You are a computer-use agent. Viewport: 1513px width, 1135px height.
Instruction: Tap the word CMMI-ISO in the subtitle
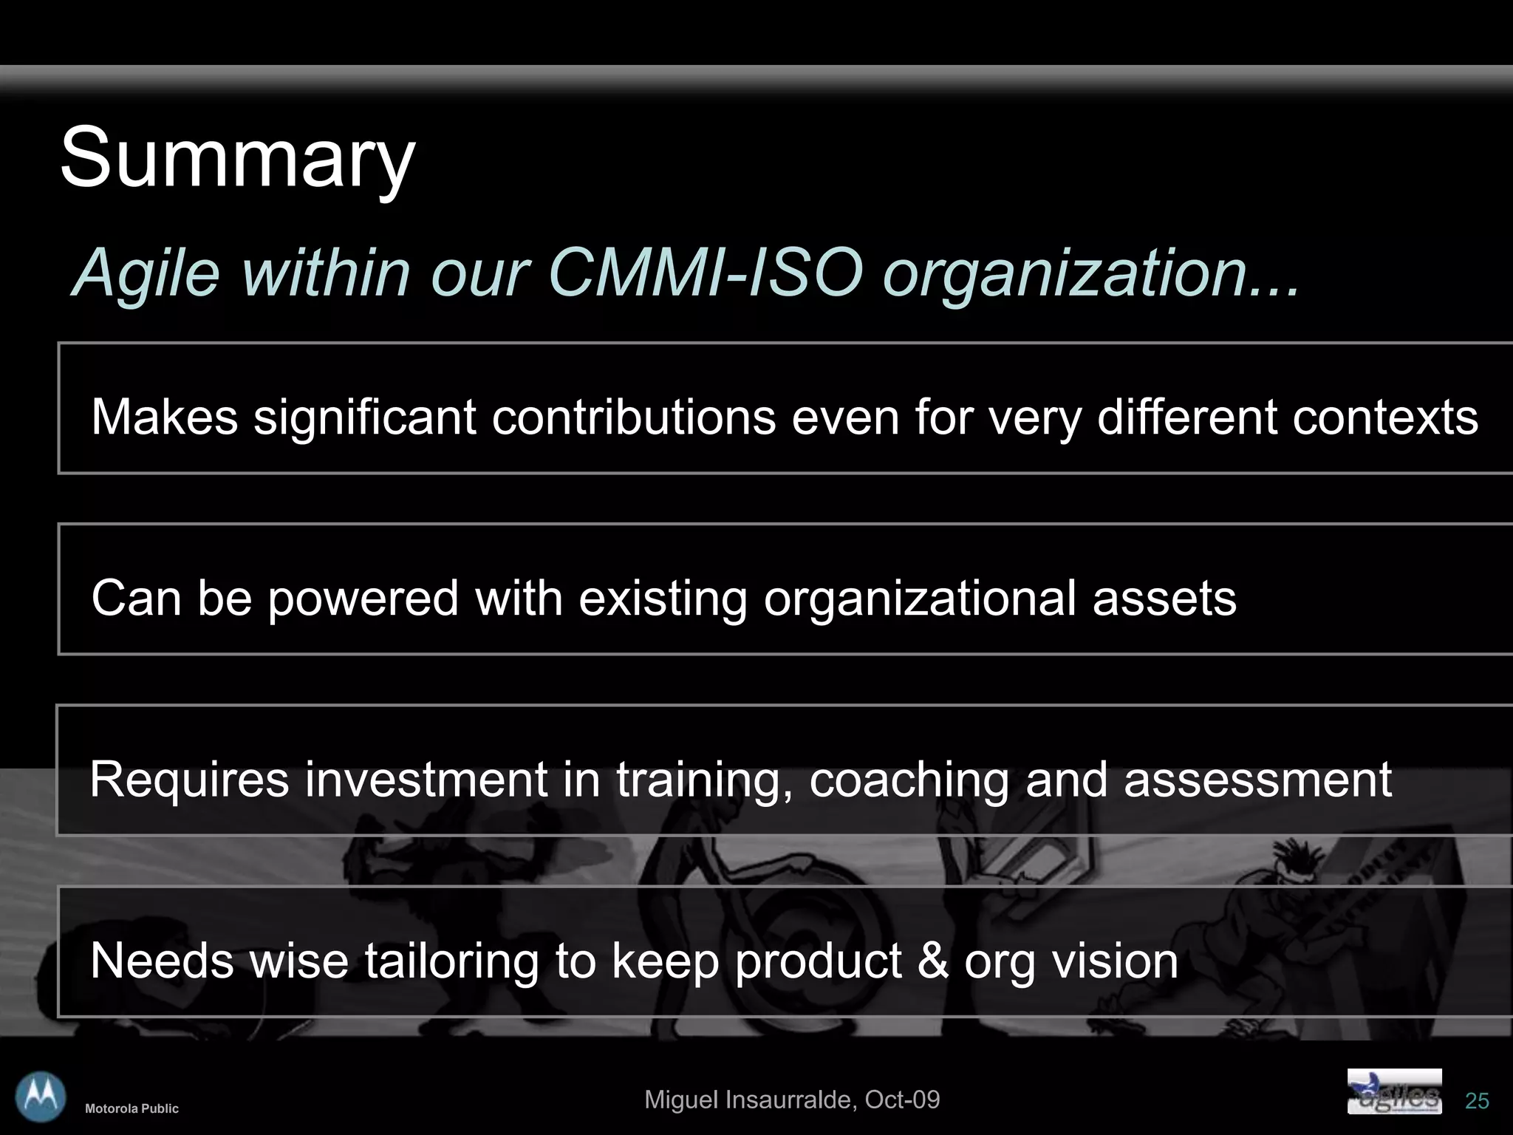coord(705,273)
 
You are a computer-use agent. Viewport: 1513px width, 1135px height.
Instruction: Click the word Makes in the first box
coord(164,417)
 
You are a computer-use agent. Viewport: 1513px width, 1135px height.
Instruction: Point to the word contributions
coord(633,417)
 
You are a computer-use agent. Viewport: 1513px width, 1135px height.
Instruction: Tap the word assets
coord(1164,598)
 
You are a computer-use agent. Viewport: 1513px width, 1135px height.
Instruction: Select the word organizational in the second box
coord(920,598)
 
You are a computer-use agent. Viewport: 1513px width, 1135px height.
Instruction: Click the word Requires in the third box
coord(188,780)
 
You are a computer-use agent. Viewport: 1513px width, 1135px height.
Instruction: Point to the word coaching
coord(909,780)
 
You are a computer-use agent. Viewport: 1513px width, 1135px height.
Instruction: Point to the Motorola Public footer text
coord(132,1108)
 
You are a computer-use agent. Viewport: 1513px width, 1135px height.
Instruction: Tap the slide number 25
coord(1477,1101)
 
